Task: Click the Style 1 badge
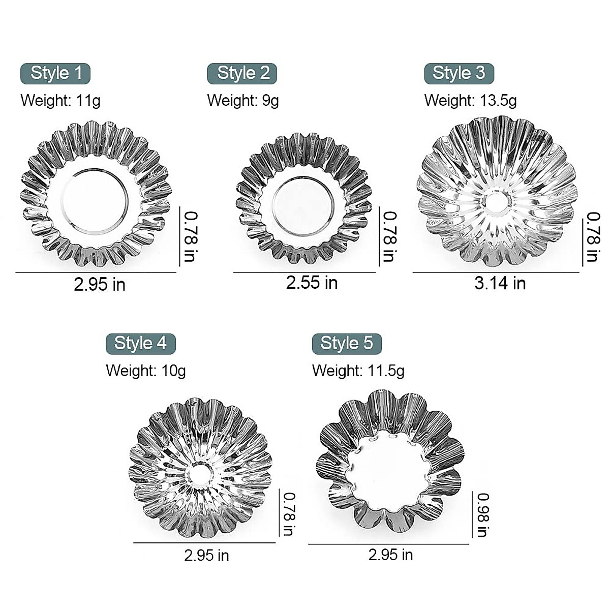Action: pyautogui.click(x=55, y=73)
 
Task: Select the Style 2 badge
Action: pyautogui.click(x=242, y=74)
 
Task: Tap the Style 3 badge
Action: pyautogui.click(x=459, y=74)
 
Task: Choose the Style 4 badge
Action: pyautogui.click(x=140, y=344)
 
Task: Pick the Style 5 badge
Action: pyautogui.click(x=347, y=344)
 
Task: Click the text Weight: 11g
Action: pyautogui.click(x=60, y=100)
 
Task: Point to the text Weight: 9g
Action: pyautogui.click(x=243, y=100)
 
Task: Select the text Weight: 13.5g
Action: pyautogui.click(x=470, y=100)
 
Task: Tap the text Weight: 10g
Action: pyautogui.click(x=146, y=371)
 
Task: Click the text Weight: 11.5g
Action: pyautogui.click(x=358, y=371)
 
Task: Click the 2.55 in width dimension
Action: pyautogui.click(x=312, y=283)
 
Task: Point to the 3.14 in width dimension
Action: pyautogui.click(x=500, y=283)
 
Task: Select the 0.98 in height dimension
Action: pyautogui.click(x=482, y=514)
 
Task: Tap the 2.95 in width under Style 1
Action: pyautogui.click(x=100, y=284)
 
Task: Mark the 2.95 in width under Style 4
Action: pyautogui.click(x=206, y=555)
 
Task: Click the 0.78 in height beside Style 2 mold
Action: pyautogui.click(x=389, y=236)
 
